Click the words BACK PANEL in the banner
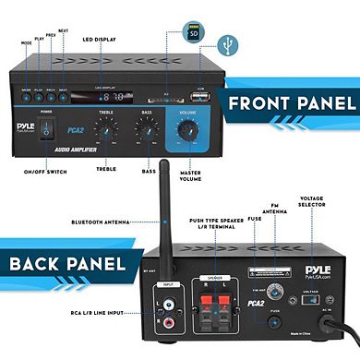66,265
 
